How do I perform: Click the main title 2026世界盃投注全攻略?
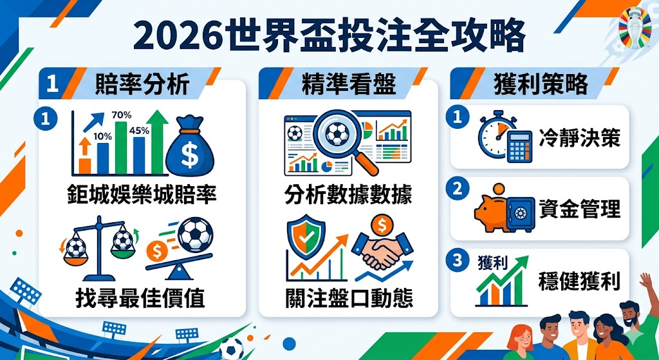(329, 37)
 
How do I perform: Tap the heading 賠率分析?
(142, 84)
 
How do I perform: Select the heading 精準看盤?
(348, 84)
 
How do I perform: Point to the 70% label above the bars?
(122, 115)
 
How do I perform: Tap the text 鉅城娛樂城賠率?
(142, 194)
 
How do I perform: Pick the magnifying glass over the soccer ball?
(341, 137)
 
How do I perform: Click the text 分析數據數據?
(348, 194)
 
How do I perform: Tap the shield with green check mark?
(302, 236)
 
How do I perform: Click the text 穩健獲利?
(579, 282)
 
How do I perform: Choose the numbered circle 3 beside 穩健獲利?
(458, 261)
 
